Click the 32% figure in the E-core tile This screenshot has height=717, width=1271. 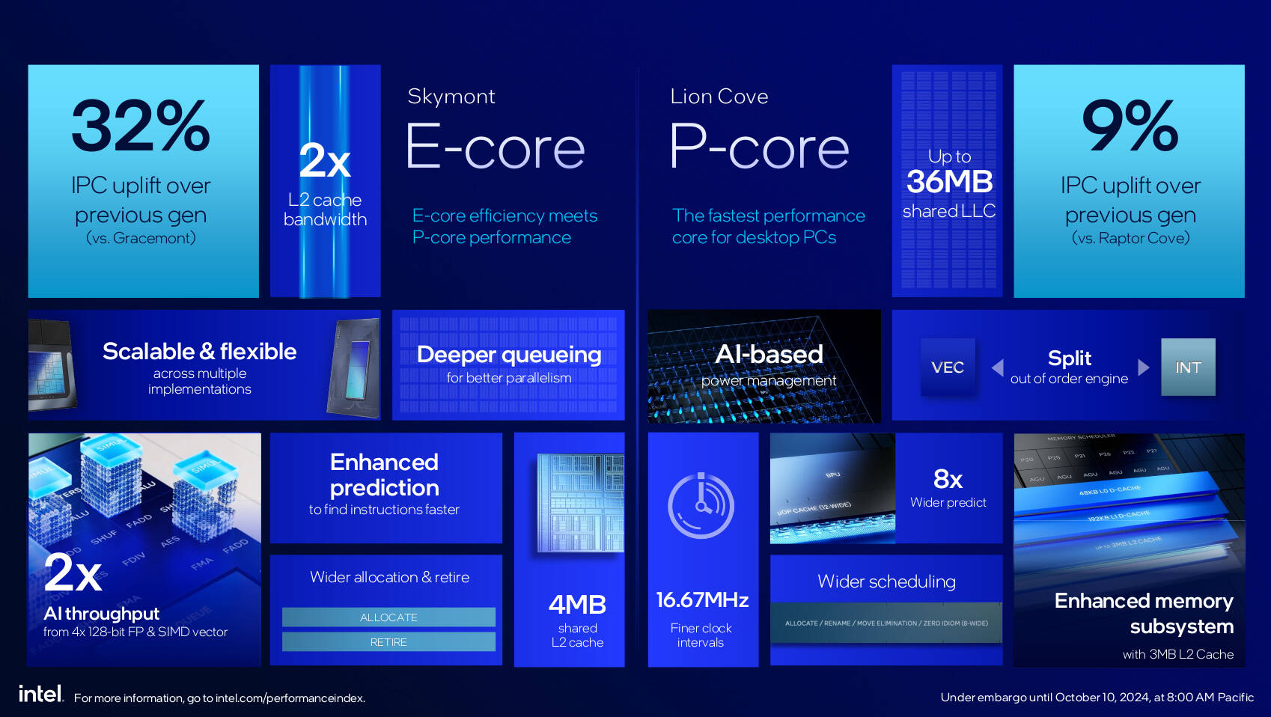141,126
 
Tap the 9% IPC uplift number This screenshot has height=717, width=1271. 1130,126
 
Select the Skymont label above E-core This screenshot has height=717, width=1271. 451,97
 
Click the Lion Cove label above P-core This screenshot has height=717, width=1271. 719,97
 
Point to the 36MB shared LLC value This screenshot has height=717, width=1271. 949,182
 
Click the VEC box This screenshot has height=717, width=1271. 947,367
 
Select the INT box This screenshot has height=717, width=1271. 1187,367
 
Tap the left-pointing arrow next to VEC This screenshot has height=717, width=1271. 997,367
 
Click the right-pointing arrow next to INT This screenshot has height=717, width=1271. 1143,367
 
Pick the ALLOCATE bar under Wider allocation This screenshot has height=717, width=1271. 388,617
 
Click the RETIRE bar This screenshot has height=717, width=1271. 388,642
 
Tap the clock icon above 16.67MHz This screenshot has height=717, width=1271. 701,505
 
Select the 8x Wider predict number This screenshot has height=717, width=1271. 948,479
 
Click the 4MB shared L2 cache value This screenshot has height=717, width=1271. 577,605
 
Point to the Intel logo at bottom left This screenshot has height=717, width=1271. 40,695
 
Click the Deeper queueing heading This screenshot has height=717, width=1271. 508,355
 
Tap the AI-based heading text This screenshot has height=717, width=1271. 769,355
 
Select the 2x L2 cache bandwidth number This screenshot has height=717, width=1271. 325,161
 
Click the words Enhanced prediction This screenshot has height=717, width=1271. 384,475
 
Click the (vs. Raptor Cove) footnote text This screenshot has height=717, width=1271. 1130,238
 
